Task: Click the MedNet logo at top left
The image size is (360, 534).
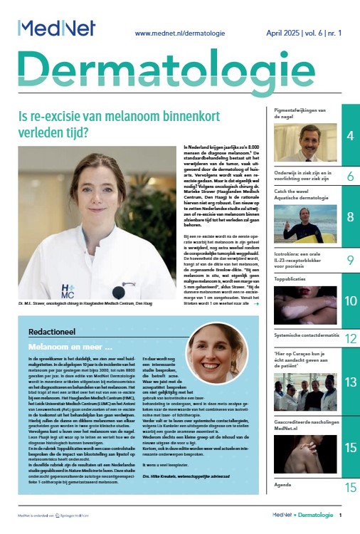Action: click(x=51, y=28)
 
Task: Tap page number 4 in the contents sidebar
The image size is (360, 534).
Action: click(x=351, y=135)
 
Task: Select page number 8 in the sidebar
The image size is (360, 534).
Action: click(x=351, y=216)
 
